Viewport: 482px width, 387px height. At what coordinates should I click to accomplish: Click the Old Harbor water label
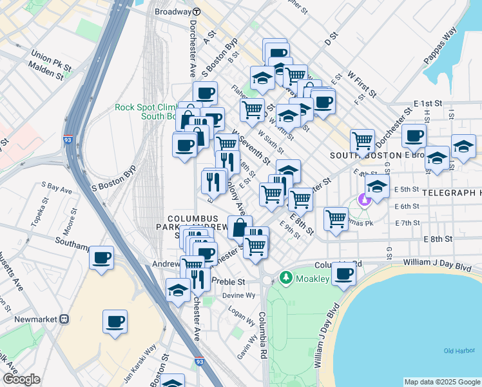(x=459, y=350)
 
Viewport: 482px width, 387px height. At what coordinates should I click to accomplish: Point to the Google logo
(x=21, y=379)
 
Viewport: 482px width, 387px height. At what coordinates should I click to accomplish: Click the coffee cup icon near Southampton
(x=102, y=259)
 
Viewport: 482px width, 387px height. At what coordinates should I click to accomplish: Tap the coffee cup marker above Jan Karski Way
(x=115, y=321)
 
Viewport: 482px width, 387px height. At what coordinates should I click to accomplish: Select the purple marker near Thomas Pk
(x=365, y=199)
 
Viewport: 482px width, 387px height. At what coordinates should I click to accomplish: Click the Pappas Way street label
(x=440, y=46)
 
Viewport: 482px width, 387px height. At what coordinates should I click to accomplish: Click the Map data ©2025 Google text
(x=441, y=381)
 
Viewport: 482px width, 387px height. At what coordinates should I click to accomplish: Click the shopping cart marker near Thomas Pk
(x=336, y=219)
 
